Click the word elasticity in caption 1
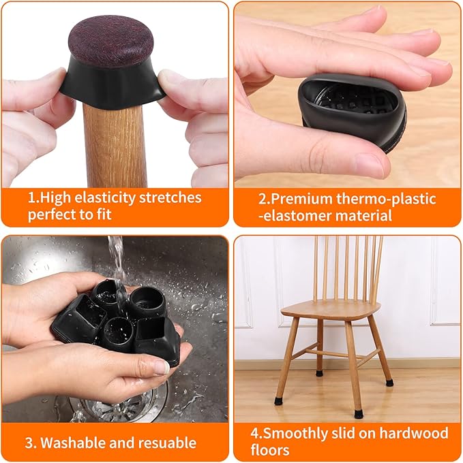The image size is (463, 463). coord(102,198)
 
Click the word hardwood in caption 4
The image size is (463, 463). coord(416,434)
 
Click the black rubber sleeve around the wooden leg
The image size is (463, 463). coord(113,85)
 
